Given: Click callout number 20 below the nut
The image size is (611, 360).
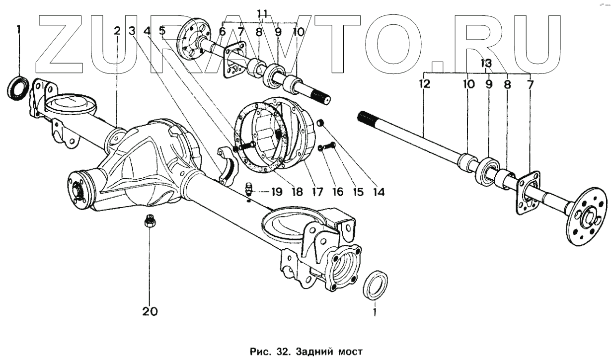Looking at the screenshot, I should tap(150, 311).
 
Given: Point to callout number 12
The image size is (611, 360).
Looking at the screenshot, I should tap(425, 84).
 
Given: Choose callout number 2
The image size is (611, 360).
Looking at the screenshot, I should tap(117, 31).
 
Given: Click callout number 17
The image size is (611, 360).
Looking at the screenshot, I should tap(317, 192).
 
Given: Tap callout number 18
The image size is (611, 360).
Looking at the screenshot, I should tap(297, 192).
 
